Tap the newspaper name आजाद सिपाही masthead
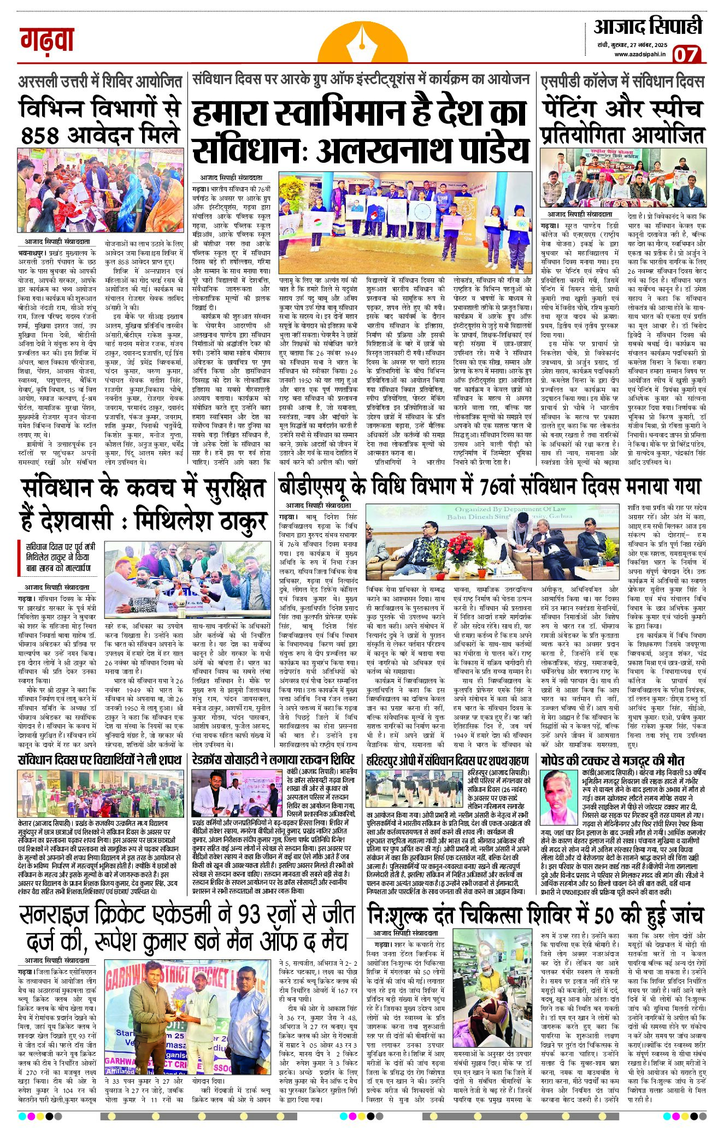coord(648,27)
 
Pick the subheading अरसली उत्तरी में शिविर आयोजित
coord(100,82)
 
